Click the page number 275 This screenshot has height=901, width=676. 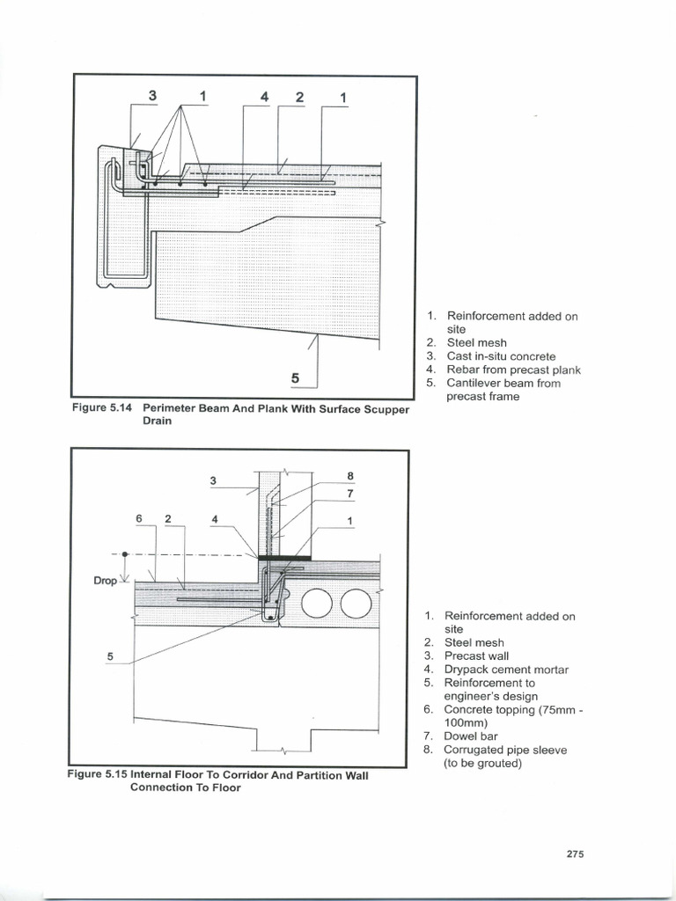[x=576, y=853]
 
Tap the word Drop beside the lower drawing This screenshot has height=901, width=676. [x=104, y=581]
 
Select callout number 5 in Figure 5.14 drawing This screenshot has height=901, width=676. [x=296, y=377]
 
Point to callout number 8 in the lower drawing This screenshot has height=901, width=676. [x=349, y=476]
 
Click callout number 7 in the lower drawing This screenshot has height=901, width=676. [x=349, y=493]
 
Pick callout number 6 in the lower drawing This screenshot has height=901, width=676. [x=139, y=519]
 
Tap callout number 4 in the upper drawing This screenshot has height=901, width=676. [x=264, y=97]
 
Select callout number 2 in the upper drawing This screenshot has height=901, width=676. [x=299, y=97]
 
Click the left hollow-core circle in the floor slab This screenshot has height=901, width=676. [x=317, y=604]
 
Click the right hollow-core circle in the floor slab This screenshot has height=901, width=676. [x=356, y=604]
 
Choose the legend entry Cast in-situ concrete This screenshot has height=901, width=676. [x=501, y=356]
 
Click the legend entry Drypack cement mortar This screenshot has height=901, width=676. [x=506, y=670]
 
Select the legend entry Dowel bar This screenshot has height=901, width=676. [x=475, y=736]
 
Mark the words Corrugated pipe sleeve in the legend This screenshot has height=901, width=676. [x=505, y=750]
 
